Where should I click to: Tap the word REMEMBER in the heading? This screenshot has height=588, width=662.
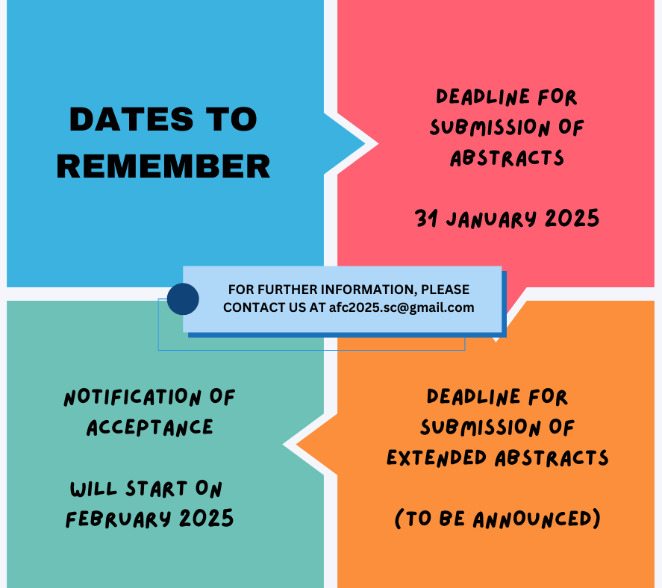click(x=163, y=166)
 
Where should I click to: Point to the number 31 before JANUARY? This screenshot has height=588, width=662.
click(x=426, y=219)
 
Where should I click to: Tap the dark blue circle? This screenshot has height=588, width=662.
click(x=183, y=299)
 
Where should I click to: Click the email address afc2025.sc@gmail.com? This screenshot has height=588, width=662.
click(x=402, y=307)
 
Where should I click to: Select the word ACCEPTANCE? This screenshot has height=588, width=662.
click(x=150, y=428)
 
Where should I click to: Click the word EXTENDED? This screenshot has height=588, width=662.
click(x=437, y=458)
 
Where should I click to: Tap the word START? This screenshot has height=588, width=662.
click(x=156, y=489)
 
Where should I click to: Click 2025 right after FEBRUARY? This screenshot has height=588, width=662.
click(x=207, y=519)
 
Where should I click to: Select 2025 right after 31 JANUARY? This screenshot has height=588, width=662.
click(x=572, y=218)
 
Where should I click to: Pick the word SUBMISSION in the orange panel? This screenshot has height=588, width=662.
click(x=481, y=428)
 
